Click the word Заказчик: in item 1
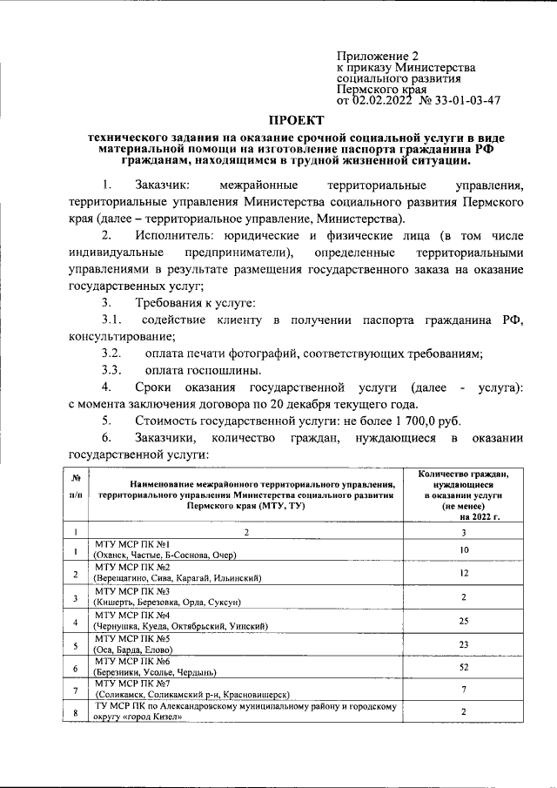click(168, 185)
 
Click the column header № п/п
click(77, 494)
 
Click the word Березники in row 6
click(121, 672)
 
